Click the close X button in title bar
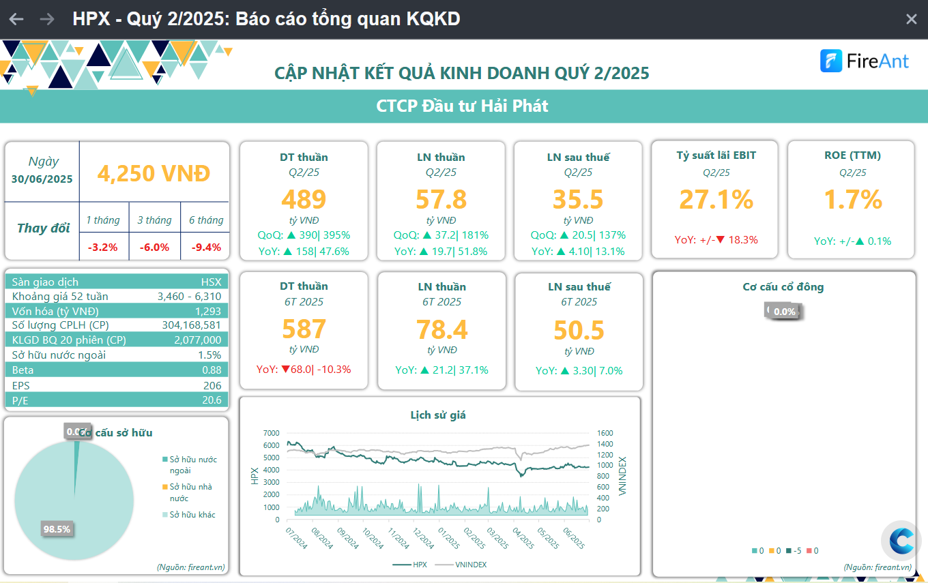[x=911, y=19]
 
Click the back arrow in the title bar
[x=16, y=19]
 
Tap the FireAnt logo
[x=865, y=61]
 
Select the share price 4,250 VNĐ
[x=154, y=173]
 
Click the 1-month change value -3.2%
[x=104, y=247]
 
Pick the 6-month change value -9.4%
[x=205, y=247]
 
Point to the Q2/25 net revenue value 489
[x=304, y=199]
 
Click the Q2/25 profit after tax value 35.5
[x=578, y=199]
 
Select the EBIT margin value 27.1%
[x=716, y=199]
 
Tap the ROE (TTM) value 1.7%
[x=852, y=199]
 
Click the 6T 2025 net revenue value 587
[x=304, y=329]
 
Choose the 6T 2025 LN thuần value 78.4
[x=441, y=329]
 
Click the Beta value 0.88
[x=212, y=370]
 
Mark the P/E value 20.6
[x=212, y=400]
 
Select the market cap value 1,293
[x=207, y=311]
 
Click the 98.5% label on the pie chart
[x=57, y=529]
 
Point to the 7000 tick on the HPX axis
[x=271, y=433]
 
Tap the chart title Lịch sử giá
[x=438, y=415]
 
